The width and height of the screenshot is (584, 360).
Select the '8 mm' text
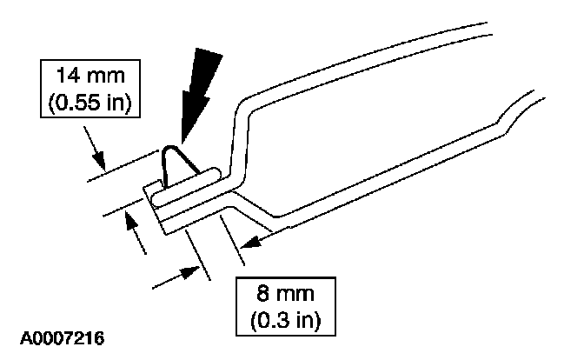(x=286, y=292)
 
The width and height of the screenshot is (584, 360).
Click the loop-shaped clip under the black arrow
(x=178, y=170)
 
